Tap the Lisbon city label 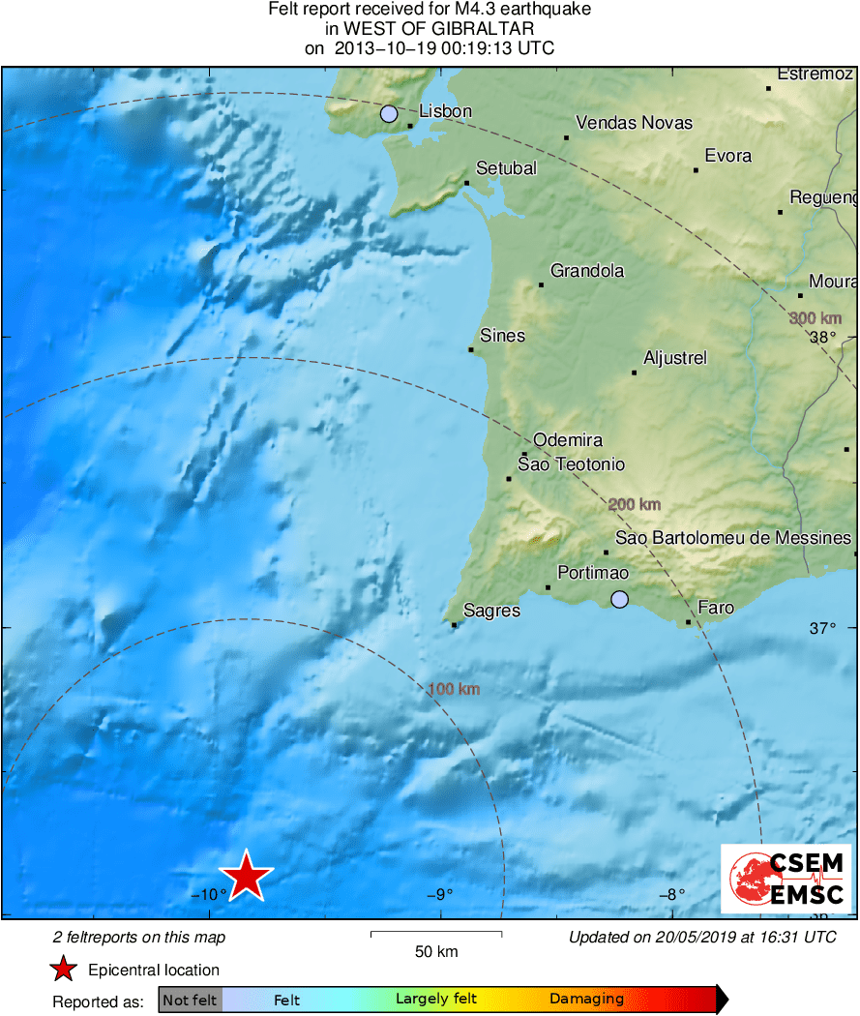(x=445, y=111)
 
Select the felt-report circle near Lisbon (x=389, y=114)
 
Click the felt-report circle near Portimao (x=620, y=600)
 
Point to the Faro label (x=716, y=608)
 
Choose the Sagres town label (x=491, y=611)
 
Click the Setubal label (x=507, y=168)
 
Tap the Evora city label (x=727, y=156)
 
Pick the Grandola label (x=587, y=271)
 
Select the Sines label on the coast (x=502, y=336)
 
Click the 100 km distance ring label (x=454, y=690)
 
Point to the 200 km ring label (x=635, y=504)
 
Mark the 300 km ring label (x=815, y=318)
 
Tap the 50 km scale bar (x=436, y=934)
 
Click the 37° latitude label (x=822, y=628)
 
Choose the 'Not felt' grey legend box (x=190, y=1000)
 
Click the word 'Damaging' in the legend (x=586, y=1000)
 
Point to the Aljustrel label (x=675, y=358)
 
